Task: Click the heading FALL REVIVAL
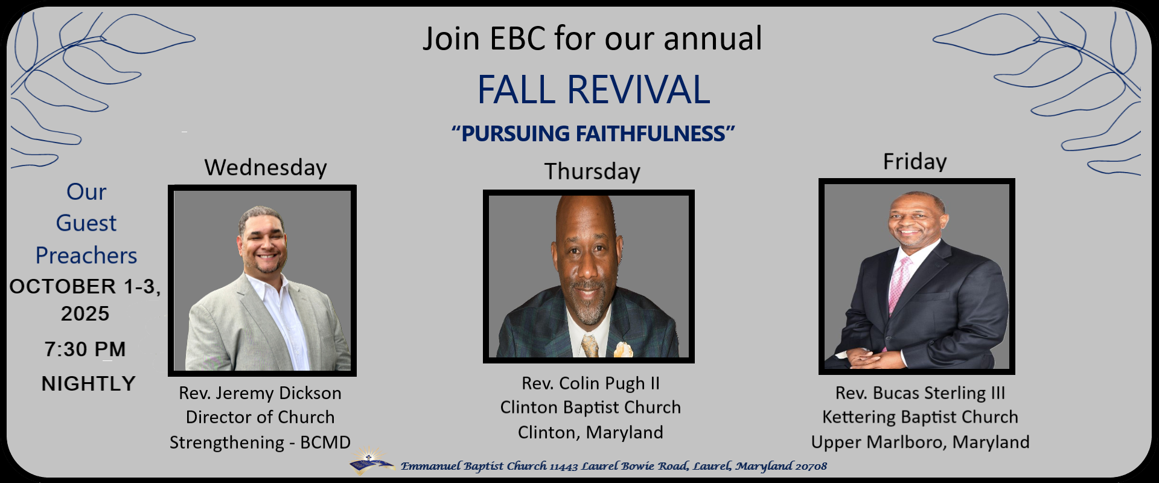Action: pos(593,90)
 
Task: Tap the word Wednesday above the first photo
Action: pos(266,168)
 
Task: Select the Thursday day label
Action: pos(592,171)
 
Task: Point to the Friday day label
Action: pos(915,162)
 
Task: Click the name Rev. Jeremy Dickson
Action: pos(260,393)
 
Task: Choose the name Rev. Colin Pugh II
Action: pos(590,383)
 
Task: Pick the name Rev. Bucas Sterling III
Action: pos(920,393)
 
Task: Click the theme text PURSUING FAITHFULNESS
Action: pos(593,133)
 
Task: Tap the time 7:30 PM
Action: pos(85,349)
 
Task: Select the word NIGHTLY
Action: pos(88,383)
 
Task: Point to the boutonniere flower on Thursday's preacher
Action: pos(623,350)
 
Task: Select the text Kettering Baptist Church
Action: pos(920,417)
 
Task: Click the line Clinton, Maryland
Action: pos(590,432)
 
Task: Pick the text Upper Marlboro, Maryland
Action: pos(920,442)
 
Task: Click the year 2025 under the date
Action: pos(85,314)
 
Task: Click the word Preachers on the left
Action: pos(86,256)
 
